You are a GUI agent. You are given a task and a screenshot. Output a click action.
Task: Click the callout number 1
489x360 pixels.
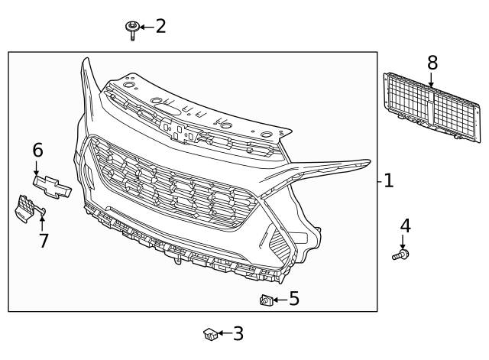[x=389, y=181]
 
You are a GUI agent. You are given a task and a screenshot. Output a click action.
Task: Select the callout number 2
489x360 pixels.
[x=160, y=27]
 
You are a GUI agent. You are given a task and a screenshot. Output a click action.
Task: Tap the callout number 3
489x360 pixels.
[x=238, y=333]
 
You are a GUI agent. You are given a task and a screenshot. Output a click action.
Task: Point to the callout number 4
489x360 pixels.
[x=405, y=226]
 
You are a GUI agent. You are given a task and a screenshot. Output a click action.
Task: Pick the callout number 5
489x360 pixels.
[x=294, y=299]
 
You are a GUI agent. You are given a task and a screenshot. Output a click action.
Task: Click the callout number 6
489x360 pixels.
[x=37, y=151]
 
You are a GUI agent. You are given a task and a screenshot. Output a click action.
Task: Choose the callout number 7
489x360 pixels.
[x=44, y=241]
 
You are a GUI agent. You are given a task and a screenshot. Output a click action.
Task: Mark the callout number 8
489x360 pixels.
[x=432, y=62]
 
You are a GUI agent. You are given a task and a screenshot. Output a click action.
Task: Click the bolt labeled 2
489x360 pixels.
[x=133, y=28]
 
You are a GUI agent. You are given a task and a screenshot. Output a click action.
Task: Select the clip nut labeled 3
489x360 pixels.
[x=210, y=333]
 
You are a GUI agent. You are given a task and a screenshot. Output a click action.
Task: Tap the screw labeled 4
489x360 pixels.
[x=401, y=255]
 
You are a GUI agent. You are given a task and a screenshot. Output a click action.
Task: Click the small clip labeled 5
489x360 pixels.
[x=267, y=300]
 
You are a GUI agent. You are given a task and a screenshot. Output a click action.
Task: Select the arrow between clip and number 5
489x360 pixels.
[x=280, y=300]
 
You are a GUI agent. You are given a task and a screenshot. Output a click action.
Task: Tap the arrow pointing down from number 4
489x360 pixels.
[x=403, y=242]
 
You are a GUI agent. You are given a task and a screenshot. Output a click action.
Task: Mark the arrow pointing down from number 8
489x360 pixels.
[x=432, y=79]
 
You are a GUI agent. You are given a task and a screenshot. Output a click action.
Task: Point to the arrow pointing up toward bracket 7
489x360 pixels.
[x=41, y=222]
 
